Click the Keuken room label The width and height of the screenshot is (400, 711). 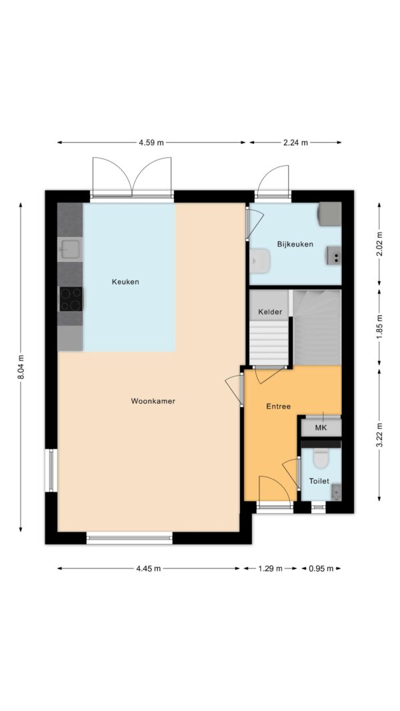[125, 282]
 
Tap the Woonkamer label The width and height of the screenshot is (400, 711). [153, 401]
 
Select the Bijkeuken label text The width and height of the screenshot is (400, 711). [295, 244]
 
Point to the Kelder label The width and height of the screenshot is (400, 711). [270, 312]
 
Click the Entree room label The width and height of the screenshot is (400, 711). [279, 406]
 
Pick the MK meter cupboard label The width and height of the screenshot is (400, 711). [321, 428]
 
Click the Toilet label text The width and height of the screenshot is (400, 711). [319, 481]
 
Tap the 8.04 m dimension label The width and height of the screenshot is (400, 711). [21, 368]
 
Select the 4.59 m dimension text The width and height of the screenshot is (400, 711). [151, 143]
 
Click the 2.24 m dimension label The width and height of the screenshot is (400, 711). [295, 143]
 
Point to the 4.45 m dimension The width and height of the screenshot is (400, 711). [148, 568]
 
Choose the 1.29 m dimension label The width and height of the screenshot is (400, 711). [270, 568]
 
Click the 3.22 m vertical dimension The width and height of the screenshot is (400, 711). [379, 435]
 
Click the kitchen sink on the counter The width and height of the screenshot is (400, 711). [71, 249]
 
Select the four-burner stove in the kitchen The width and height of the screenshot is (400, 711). [71, 299]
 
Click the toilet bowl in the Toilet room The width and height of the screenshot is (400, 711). [321, 458]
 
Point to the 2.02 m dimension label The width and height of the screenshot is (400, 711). [379, 244]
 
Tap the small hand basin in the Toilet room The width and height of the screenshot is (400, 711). [336, 492]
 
